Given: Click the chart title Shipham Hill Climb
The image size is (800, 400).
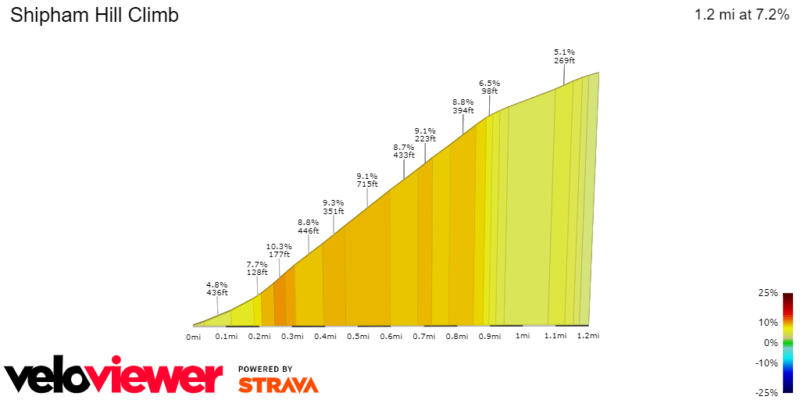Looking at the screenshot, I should click(x=95, y=16).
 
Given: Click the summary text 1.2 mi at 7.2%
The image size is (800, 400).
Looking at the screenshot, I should click(x=741, y=16).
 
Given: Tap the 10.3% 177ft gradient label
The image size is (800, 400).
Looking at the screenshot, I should click(x=279, y=249).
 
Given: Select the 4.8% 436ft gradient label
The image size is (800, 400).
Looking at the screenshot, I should click(x=216, y=288).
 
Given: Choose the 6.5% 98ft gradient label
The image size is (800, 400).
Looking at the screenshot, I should click(x=490, y=86).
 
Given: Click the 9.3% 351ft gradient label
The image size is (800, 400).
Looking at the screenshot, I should click(x=334, y=206).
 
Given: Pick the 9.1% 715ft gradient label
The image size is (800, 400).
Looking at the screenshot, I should click(x=367, y=180).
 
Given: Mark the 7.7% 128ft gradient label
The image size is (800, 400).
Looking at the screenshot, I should click(x=257, y=268).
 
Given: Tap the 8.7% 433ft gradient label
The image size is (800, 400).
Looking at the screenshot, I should click(x=404, y=151).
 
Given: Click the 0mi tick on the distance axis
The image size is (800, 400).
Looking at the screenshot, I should click(x=194, y=337).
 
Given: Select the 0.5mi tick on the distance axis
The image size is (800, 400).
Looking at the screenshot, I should click(x=358, y=337).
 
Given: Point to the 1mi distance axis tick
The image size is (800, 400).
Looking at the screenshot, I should click(x=523, y=337).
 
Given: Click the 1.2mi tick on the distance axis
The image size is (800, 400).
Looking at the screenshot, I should click(x=588, y=337).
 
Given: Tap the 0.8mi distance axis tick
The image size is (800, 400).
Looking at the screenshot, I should click(x=457, y=337).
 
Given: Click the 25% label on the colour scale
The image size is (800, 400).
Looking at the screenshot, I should click(x=768, y=293).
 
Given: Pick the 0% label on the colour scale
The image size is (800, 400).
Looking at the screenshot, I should click(x=770, y=342).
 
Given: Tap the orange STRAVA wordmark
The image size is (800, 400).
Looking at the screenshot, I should click(x=278, y=384).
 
